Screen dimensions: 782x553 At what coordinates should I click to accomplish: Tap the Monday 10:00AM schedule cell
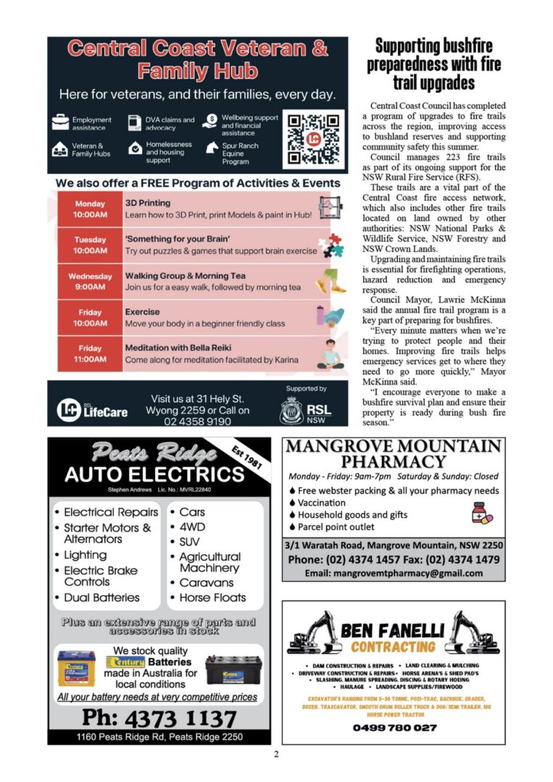(90, 209)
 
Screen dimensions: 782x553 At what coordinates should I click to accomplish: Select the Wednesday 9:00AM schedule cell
(90, 282)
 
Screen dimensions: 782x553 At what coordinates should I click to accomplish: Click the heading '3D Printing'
(148, 203)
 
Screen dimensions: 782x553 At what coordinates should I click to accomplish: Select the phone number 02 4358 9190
(198, 421)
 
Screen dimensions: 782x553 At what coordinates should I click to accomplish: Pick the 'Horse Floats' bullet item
(212, 597)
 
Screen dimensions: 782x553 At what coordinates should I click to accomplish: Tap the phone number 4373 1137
(159, 718)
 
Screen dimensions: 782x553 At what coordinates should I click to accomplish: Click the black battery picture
(233, 670)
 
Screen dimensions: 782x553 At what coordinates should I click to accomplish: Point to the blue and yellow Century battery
(76, 668)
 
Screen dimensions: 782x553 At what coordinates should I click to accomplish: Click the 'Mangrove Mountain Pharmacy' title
(393, 453)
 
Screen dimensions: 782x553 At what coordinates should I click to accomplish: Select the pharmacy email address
(394, 573)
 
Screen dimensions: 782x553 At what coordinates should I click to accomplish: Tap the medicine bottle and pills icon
(481, 513)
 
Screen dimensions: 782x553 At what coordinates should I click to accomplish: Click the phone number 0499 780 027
(394, 727)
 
